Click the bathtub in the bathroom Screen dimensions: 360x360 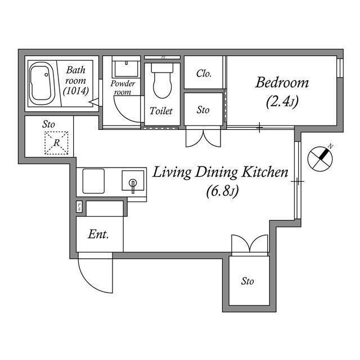(42, 84)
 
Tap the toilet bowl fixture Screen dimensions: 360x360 (162, 81)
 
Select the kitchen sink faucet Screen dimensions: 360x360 (133, 186)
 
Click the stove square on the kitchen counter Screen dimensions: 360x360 (93, 181)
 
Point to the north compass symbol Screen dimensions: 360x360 (320, 159)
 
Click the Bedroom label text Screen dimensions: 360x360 (282, 83)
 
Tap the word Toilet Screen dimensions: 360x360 (161, 111)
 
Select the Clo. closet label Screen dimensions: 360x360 (204, 74)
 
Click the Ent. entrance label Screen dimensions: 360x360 (98, 235)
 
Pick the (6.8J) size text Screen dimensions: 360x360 (223, 191)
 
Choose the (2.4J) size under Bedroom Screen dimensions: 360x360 (282, 102)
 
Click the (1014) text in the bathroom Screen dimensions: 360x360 (76, 91)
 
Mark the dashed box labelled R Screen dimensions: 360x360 (56, 143)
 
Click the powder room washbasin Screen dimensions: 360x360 (126, 69)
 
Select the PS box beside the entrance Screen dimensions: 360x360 (79, 206)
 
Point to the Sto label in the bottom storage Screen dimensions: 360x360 (247, 281)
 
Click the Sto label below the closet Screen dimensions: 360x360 (203, 110)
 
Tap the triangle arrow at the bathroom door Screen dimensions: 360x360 (94, 102)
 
